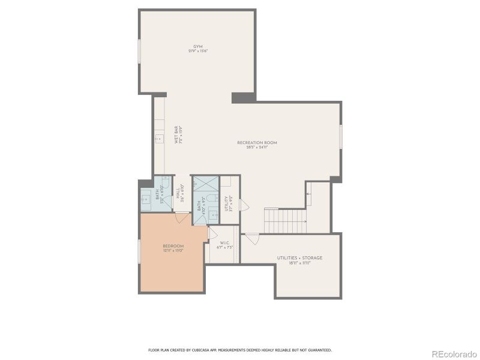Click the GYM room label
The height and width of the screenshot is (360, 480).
pos(197,48)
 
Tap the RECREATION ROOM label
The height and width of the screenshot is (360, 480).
pos(257,144)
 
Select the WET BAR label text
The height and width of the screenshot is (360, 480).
pos(178,134)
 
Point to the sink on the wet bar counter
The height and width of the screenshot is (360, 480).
pos(158,139)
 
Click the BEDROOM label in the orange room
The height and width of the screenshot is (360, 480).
pos(173,248)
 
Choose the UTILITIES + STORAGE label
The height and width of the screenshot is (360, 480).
pos(299,260)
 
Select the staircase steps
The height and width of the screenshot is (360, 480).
pos(285,221)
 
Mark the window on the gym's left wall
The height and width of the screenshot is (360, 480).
pos(140,52)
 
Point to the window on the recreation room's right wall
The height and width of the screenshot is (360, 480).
pos(341,136)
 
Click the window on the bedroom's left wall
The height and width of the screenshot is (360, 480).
pos(140,251)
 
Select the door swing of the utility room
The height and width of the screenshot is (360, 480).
pos(244,205)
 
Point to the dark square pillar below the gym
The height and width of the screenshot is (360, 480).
pos(243,98)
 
